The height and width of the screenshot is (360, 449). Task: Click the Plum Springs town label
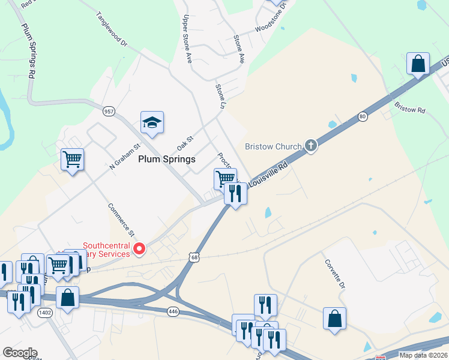point(167,159)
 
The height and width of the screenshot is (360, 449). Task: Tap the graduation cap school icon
point(152,122)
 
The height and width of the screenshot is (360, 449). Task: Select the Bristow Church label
point(273,146)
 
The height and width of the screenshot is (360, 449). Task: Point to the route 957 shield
point(109,111)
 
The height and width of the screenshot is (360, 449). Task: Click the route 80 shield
point(363,116)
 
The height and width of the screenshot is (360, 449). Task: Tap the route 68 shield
point(193,257)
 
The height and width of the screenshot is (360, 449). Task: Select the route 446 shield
point(173,311)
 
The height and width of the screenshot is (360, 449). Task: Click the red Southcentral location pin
point(140,248)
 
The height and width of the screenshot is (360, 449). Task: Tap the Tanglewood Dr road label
point(112,29)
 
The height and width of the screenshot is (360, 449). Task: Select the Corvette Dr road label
point(336,275)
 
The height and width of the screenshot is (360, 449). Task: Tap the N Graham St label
point(124,156)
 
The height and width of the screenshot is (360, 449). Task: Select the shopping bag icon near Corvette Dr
point(334,319)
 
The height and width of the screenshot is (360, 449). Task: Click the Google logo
point(20,353)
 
